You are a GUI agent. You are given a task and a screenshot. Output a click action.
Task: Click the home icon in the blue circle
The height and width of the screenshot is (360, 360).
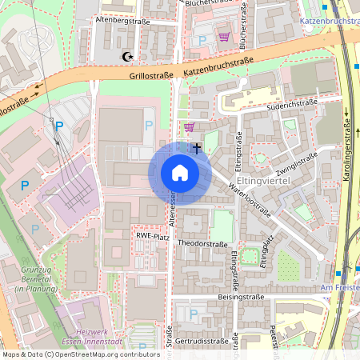point(179,172)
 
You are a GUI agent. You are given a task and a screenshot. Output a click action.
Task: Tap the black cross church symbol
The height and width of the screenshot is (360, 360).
point(197,147)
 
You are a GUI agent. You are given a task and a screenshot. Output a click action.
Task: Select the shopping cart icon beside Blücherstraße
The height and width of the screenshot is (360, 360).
point(224,37)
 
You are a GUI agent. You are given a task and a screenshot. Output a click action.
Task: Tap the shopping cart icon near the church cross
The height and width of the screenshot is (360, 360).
point(189,126)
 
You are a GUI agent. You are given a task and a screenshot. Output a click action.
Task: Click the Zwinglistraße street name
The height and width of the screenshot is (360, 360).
point(296,165)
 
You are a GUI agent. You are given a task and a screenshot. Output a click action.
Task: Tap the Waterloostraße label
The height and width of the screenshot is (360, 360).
point(249,199)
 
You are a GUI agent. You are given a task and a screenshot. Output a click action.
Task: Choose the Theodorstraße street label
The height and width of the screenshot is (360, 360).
point(203,243)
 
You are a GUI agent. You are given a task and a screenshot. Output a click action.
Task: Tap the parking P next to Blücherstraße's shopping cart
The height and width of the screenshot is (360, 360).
point(202,39)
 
